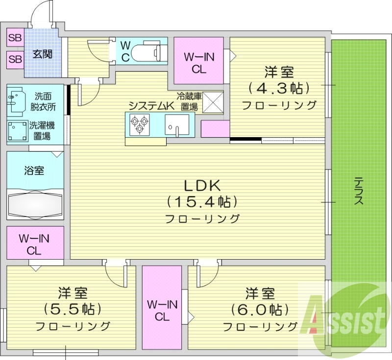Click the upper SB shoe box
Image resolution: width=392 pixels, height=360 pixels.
pyautogui.click(x=15, y=37)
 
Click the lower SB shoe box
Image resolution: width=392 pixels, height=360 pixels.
pyautogui.click(x=15, y=59)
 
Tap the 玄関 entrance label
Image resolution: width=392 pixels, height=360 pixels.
pyautogui.click(x=43, y=54)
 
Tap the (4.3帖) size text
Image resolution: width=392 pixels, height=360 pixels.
pyautogui.click(x=279, y=88)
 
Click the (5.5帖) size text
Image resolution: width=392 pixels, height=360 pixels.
pyautogui.click(x=73, y=309)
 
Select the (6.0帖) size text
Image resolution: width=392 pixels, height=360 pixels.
pyautogui.click(x=260, y=309)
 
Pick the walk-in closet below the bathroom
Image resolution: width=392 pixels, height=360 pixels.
pyautogui.click(x=34, y=244)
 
